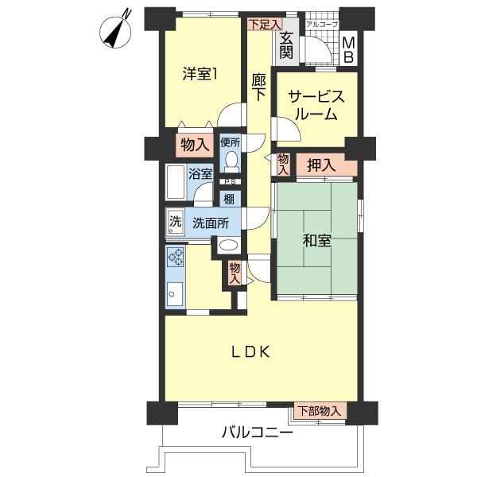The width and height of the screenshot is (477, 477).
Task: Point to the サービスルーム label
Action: pyautogui.click(x=315, y=105)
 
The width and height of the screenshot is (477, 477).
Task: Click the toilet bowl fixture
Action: pyautogui.click(x=231, y=162)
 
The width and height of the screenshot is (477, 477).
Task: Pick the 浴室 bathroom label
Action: pyautogui.click(x=200, y=174)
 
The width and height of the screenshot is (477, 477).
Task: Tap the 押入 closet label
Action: pyautogui.click(x=320, y=165)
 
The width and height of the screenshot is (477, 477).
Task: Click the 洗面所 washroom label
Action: pyautogui.click(x=211, y=223)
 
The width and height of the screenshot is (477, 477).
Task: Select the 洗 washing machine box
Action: pyautogui.click(x=174, y=222)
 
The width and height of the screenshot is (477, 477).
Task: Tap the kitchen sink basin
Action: pyautogui.click(x=175, y=297)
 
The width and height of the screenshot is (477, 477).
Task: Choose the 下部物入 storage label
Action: pyautogui.click(x=320, y=411)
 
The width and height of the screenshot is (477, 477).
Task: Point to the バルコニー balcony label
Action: pyautogui.click(x=257, y=434)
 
